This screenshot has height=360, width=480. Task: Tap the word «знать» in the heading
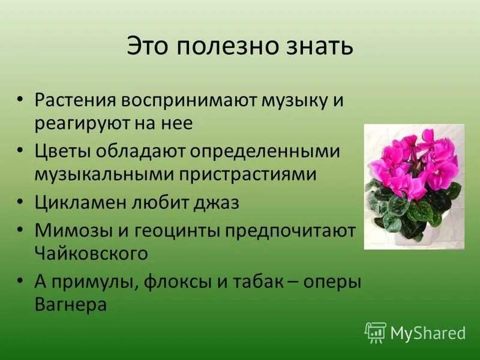pyautogui.click(x=317, y=47)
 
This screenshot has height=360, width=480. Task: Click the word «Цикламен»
pyautogui.click(x=80, y=202)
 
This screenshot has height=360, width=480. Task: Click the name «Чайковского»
pyautogui.click(x=91, y=253)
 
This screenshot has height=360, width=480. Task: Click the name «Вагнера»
pyautogui.click(x=70, y=304)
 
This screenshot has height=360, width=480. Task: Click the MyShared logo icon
pyautogui.click(x=375, y=332)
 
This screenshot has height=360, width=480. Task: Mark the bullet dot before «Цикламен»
pyautogui.click(x=21, y=202)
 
